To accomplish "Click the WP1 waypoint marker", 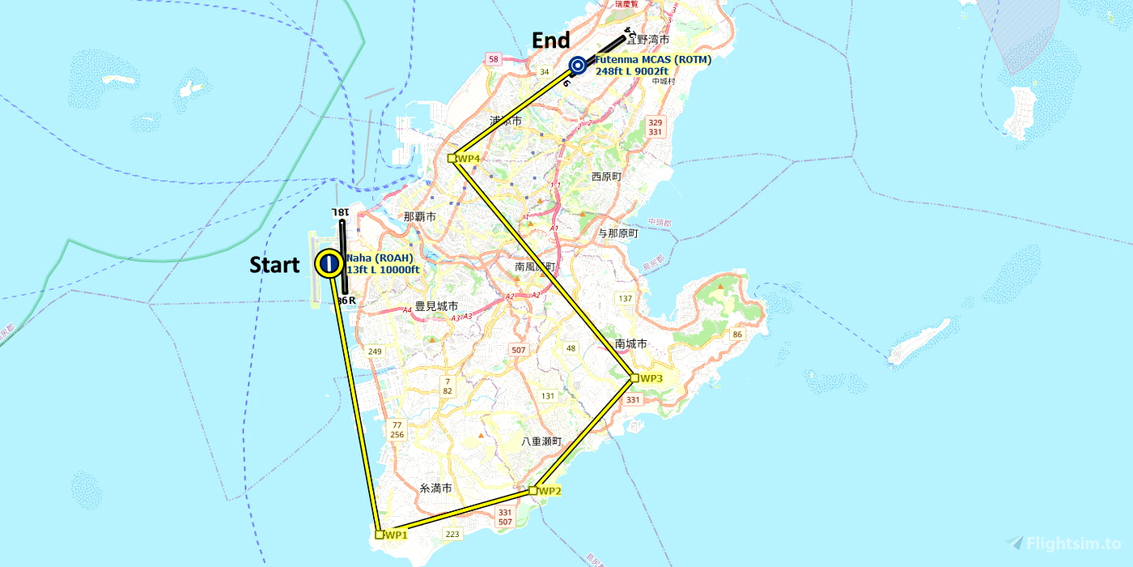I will [x=380, y=535].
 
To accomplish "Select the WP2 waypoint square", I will [x=533, y=490].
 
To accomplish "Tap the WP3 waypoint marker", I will [x=634, y=377].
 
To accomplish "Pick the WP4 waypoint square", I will [x=452, y=158].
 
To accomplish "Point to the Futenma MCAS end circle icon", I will [x=577, y=66].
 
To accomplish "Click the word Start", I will [x=274, y=265].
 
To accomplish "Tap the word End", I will [x=550, y=40].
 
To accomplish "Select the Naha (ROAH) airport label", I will [x=380, y=258].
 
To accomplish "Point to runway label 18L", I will [x=341, y=211].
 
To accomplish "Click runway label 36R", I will [x=346, y=301].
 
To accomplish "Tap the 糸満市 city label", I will [x=435, y=488].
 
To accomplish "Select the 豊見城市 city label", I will [x=436, y=306].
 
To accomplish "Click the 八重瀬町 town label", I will [x=541, y=441].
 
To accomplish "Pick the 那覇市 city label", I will [x=420, y=217].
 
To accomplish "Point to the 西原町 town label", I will [x=606, y=176].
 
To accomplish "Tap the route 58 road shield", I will [x=494, y=58].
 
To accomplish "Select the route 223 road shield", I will [x=452, y=533].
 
